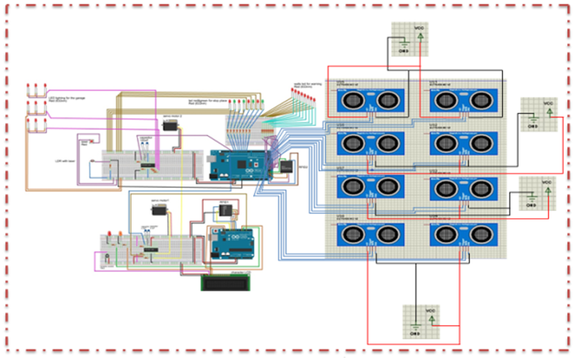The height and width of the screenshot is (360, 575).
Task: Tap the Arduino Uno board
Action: tap(236, 244)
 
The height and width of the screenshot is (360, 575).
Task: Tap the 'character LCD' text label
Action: tap(236, 270)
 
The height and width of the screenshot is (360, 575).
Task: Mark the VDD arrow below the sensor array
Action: tap(431, 318)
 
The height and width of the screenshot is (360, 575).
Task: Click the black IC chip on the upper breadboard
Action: tap(148, 164)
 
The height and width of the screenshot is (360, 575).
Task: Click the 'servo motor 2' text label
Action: tap(172, 116)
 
